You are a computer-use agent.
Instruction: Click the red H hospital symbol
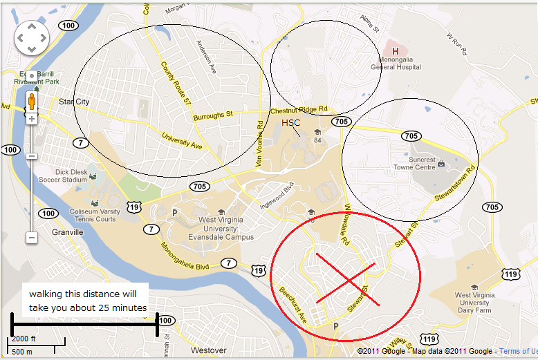point(396,51)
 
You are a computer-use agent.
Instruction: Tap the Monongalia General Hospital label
point(396,64)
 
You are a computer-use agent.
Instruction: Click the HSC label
point(290,123)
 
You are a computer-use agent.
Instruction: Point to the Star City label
point(74,102)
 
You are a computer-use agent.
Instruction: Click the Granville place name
point(67,232)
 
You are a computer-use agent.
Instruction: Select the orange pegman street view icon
point(31,102)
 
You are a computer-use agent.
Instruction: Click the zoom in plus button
point(31,119)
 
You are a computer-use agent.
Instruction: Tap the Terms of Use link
point(518,352)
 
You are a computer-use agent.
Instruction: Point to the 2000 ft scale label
point(24,339)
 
